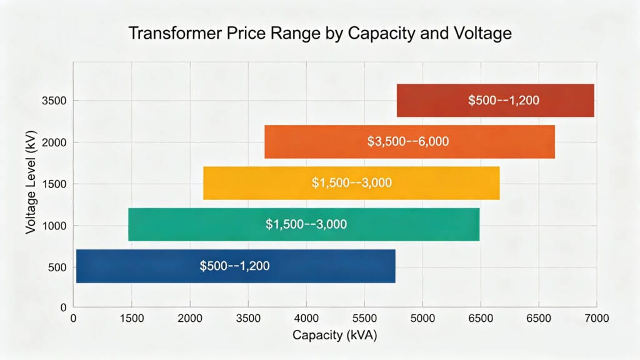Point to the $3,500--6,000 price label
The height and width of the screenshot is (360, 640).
(407, 142)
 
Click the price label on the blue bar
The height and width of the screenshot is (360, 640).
(234, 266)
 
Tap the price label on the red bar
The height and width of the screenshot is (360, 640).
(503, 100)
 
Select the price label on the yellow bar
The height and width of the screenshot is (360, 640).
(351, 183)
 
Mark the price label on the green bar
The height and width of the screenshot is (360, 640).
(306, 224)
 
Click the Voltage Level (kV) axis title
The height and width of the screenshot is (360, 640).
(31, 184)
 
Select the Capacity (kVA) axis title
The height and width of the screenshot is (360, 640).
(335, 335)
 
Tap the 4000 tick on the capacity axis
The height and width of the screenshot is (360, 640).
(306, 319)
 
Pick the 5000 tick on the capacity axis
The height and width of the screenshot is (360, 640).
(422, 319)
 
